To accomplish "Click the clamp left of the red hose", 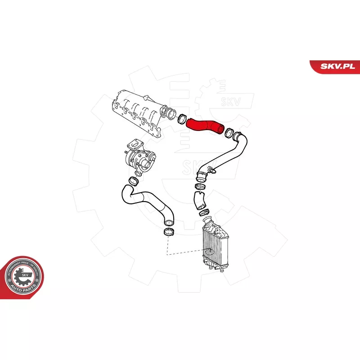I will pyautogui.click(x=181, y=119).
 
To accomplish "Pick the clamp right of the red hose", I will pyautogui.click(x=229, y=132).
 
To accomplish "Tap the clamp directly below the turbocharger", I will pyautogui.click(x=134, y=181).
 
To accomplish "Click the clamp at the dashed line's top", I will pyautogui.click(x=167, y=232).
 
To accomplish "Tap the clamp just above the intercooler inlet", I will pyautogui.click(x=204, y=212).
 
